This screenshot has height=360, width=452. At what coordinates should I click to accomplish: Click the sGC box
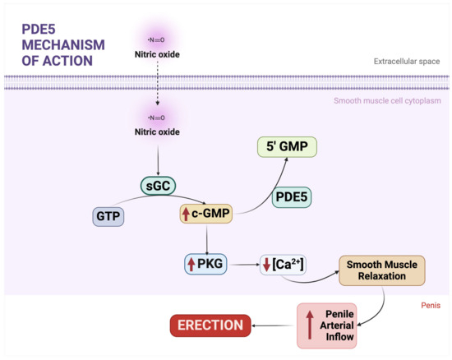click(x=159, y=187)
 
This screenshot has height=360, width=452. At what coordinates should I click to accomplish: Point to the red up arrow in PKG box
click(x=191, y=265)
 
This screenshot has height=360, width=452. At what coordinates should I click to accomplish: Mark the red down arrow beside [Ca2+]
click(x=267, y=265)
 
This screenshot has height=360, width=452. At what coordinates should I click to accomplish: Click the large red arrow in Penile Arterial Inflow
click(x=309, y=325)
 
